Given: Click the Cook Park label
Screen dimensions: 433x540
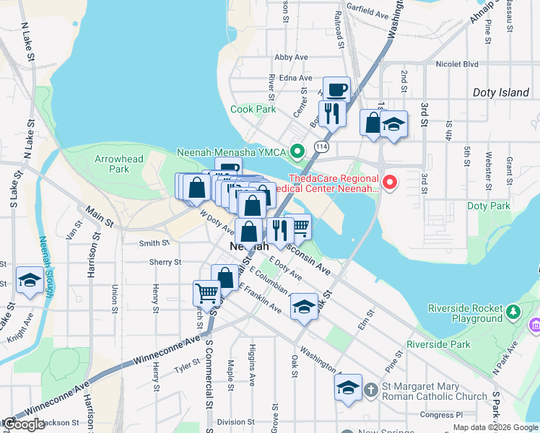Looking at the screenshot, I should pos(253,110).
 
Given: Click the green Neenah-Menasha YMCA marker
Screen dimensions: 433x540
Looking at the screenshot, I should pos(296,152).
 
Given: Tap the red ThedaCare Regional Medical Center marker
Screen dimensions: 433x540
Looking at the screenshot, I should pos(390,183).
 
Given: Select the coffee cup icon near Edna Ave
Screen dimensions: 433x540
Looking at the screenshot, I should pos(336,90).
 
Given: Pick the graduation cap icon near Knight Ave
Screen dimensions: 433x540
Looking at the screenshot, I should pos(30,280).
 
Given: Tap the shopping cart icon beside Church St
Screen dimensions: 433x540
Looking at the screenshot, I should pos(206,293).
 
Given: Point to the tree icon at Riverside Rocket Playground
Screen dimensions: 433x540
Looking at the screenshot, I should pos(513,312).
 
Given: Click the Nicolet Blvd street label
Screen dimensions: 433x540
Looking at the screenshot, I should pos(458,64).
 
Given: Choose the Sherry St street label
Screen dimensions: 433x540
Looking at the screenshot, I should pos(165,263).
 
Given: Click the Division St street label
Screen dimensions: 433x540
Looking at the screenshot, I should pos(232,422).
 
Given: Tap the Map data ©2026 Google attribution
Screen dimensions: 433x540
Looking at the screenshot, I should pos(495,427).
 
